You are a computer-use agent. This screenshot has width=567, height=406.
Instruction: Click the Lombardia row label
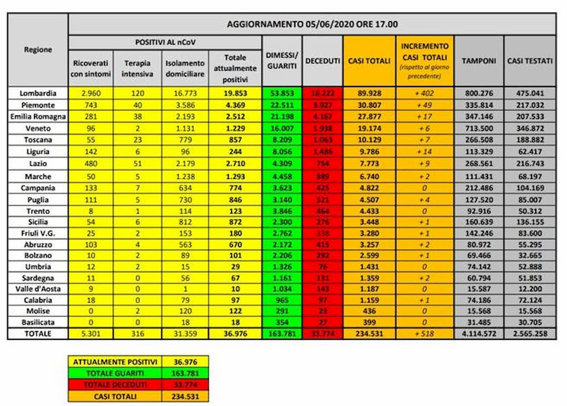tap(38, 93)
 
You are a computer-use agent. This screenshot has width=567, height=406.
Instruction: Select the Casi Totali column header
tap(369, 61)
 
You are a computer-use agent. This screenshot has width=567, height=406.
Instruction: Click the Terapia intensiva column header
tap(137, 68)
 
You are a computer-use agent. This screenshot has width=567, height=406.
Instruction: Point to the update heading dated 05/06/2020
tap(312, 24)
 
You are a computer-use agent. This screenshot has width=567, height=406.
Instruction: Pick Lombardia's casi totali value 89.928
tap(369, 93)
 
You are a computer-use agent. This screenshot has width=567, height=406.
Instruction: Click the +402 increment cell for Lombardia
tap(425, 93)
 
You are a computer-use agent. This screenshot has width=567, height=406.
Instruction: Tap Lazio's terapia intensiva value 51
tap(137, 163)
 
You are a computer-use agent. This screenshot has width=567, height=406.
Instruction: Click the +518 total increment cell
tap(425, 334)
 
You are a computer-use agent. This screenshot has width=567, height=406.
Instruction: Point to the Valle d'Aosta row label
tap(38, 288)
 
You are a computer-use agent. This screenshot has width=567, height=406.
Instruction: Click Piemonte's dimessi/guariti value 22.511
tap(282, 105)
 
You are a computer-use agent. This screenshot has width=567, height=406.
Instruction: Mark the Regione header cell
tap(38, 50)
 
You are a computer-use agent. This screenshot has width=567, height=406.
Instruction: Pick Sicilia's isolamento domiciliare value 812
tap(185, 221)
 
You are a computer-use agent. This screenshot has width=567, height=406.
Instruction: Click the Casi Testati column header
tap(530, 61)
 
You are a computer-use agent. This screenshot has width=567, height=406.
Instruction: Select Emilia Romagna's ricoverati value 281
tap(91, 116)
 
